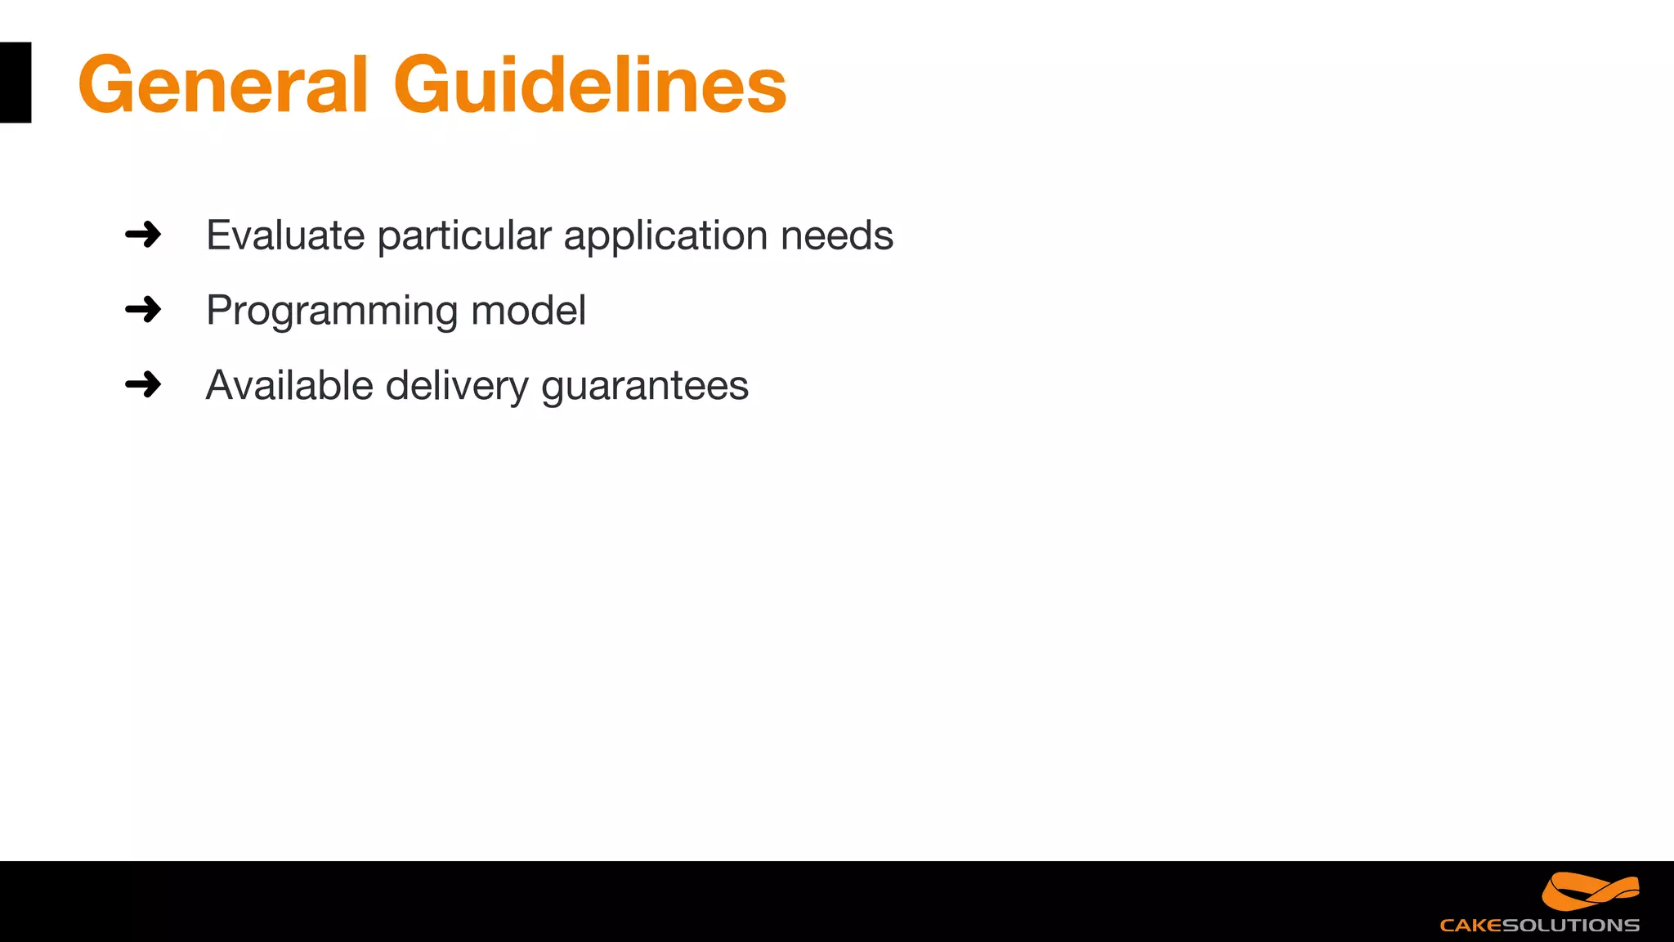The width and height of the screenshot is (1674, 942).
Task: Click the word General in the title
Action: [222, 84]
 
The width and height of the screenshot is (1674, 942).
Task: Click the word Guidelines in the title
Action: [589, 84]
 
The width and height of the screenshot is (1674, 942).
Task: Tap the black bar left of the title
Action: [16, 83]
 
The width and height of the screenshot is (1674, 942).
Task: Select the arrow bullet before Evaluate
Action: [143, 235]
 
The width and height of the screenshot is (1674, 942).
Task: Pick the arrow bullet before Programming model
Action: [143, 310]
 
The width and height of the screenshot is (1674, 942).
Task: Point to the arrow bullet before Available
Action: [143, 384]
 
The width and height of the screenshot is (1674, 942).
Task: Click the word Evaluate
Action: [285, 235]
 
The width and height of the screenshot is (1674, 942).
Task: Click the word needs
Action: [836, 235]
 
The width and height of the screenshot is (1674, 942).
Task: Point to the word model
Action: [528, 311]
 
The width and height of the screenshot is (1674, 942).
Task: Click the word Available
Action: [289, 385]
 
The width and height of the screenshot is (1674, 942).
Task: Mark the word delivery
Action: [457, 387]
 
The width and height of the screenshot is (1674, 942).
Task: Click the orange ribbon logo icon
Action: [1590, 891]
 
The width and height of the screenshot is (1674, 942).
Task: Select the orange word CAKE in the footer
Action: [1470, 926]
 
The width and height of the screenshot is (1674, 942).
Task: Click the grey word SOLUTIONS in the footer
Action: [1570, 926]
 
